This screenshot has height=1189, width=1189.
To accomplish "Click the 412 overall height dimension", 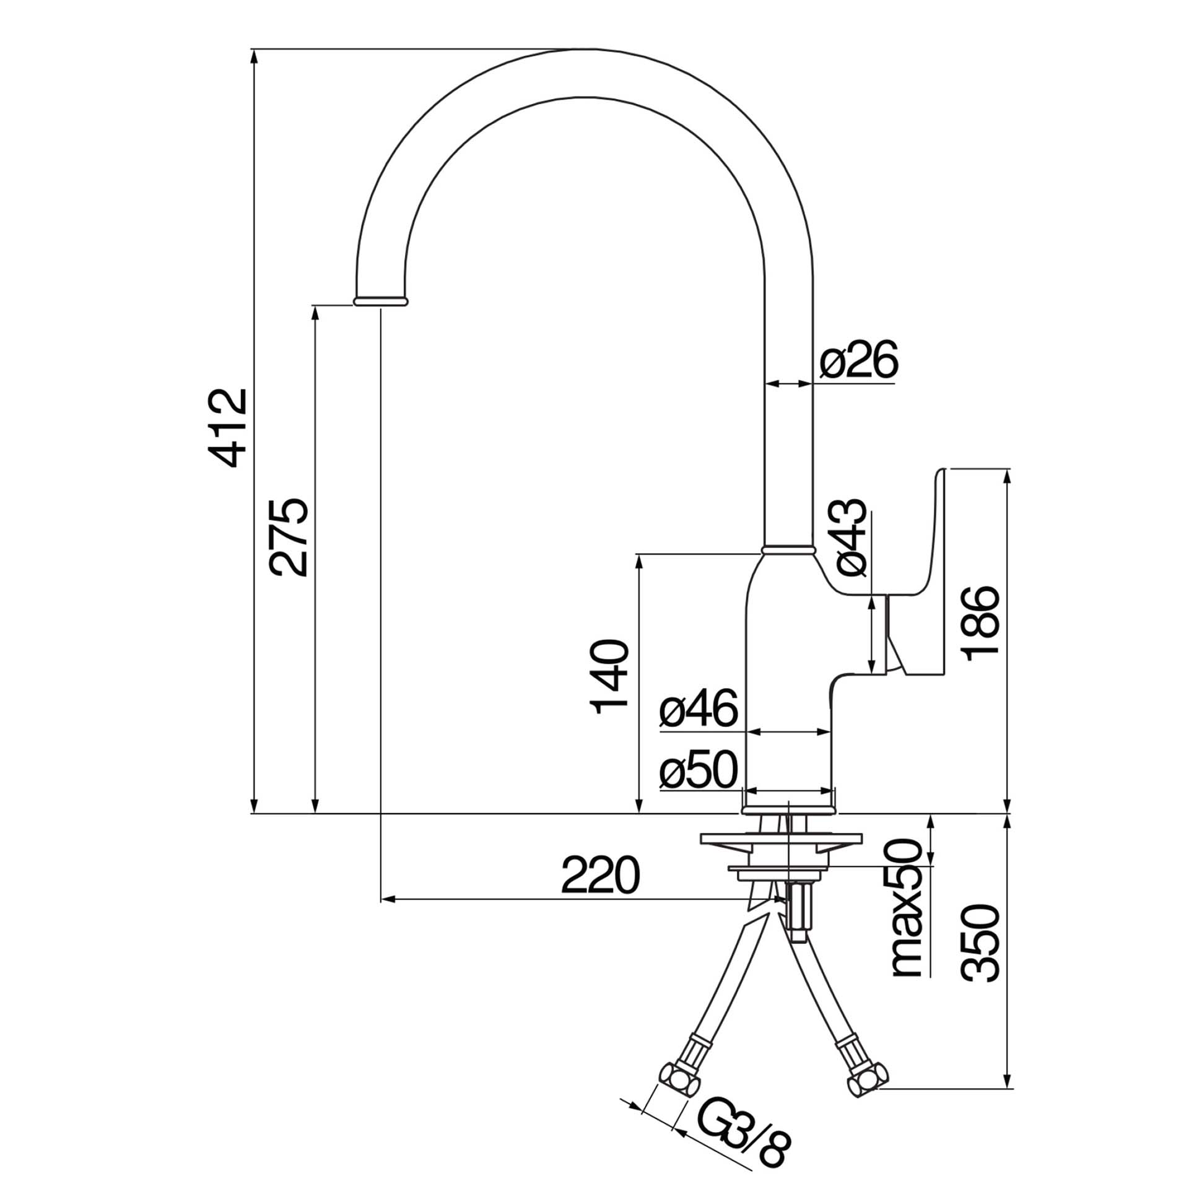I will coord(229,427).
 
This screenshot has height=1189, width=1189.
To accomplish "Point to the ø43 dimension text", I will coord(849,537).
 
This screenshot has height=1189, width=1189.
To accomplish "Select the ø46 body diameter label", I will coord(699,708).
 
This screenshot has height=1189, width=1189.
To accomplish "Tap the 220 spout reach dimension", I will coord(599,875).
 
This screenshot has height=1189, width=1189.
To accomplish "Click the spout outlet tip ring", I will coord(380,301).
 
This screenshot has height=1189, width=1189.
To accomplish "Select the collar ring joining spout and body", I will coord(787,549).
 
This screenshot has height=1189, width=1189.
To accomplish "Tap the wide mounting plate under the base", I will coord(781,839).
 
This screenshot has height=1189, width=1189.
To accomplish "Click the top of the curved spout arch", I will coord(585,72).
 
